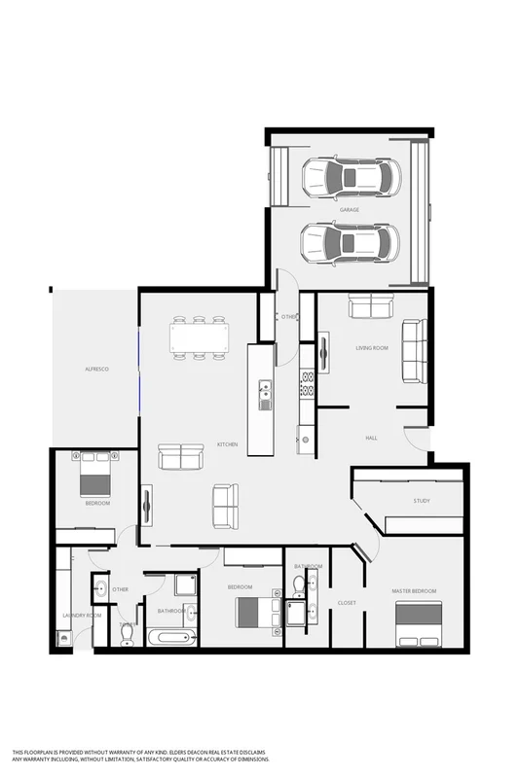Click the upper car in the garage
350,177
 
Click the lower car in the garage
350,242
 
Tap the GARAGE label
350,210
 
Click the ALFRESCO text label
95,371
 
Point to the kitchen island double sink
264,395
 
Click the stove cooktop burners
307,384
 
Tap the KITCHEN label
227,444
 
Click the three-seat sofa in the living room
414,351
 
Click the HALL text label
371,439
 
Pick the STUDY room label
421,501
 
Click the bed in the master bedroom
418,621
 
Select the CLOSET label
347,603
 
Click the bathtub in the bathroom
172,638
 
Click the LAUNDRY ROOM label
81,616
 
